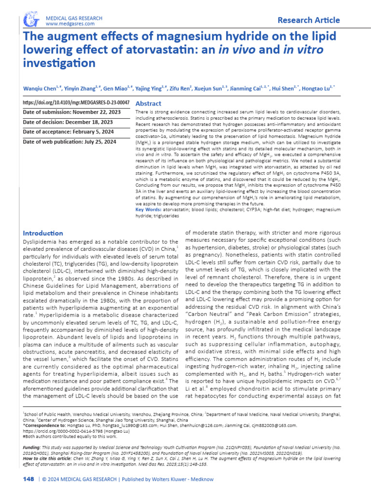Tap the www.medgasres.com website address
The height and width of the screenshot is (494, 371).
69,24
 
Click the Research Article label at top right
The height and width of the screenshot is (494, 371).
309,20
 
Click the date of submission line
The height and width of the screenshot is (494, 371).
69,112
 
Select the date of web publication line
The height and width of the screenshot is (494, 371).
70,142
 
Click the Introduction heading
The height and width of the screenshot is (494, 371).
43,233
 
